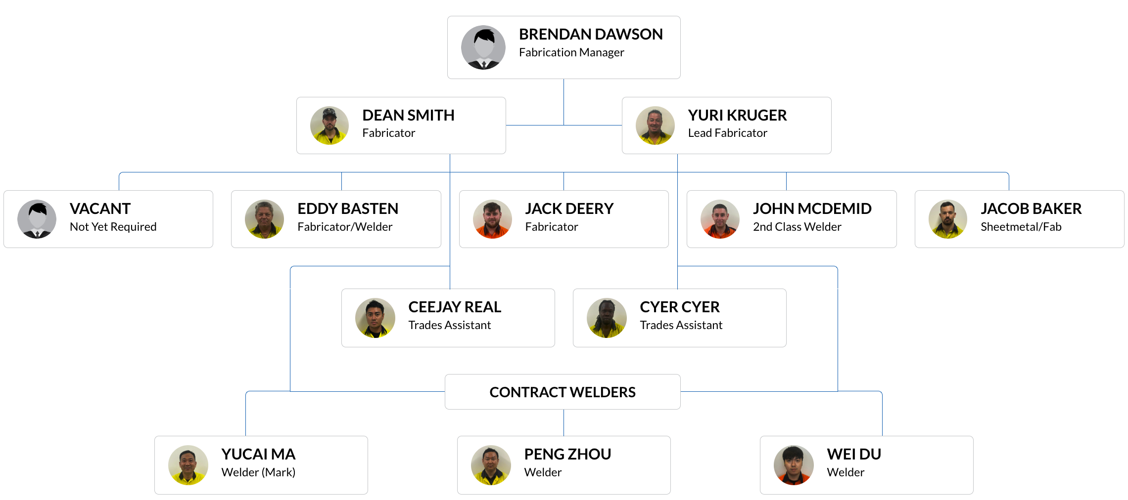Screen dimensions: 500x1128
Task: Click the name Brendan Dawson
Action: point(591,35)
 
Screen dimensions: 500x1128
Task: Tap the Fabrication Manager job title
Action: point(571,52)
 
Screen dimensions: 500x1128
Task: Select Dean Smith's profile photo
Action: point(329,125)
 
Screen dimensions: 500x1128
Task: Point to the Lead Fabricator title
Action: point(727,133)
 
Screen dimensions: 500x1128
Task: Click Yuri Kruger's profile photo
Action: point(655,125)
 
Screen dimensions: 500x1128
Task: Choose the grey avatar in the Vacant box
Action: point(37,219)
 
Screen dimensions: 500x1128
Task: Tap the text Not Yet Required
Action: point(113,227)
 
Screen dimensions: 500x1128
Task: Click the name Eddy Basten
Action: point(348,209)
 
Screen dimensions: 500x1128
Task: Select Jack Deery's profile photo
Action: point(492,219)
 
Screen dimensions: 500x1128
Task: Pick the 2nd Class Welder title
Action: point(797,227)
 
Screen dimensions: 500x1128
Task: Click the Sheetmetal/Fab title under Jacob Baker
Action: point(1021,227)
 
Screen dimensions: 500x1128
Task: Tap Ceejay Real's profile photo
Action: point(375,318)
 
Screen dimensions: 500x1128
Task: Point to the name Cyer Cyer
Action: point(679,307)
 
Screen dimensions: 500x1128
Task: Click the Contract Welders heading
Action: point(563,392)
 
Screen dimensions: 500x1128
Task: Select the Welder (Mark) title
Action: point(258,472)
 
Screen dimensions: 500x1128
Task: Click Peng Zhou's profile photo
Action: point(491,465)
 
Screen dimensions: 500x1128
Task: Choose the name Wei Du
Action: point(854,455)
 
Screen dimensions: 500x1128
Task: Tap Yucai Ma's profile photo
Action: point(188,465)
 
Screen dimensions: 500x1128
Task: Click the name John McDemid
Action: point(812,209)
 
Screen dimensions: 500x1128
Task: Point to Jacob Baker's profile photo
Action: point(947,219)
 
